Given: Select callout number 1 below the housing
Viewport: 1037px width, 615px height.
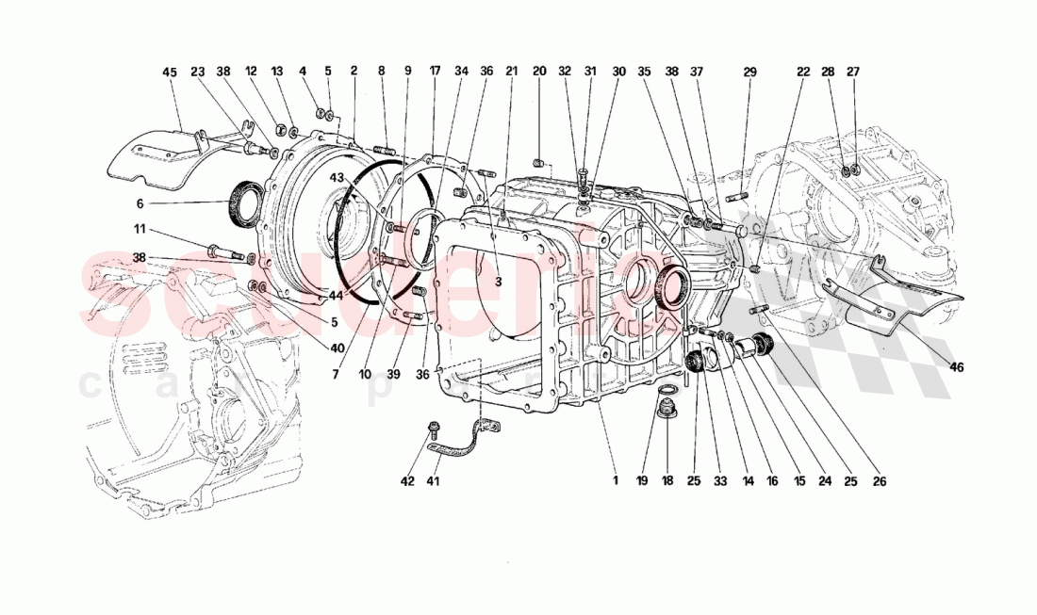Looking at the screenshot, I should pos(614,481).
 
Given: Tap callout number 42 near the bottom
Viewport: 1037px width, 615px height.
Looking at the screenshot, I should pos(407,481).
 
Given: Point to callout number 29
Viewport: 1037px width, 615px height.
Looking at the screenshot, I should pos(749,72).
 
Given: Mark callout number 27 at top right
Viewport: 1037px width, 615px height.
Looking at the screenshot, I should pos(853,72).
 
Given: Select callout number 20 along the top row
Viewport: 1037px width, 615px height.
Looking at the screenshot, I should pos(539,72).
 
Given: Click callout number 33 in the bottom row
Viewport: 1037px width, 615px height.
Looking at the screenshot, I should pos(721,481).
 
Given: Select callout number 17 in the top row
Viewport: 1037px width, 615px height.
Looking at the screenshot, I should pos(435,72).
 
